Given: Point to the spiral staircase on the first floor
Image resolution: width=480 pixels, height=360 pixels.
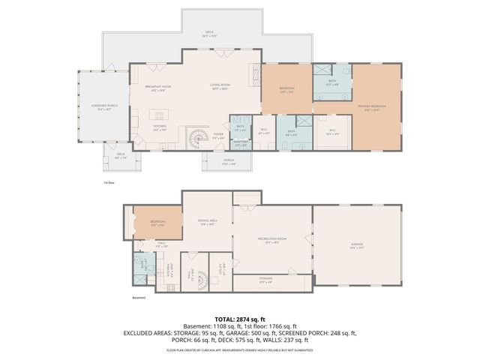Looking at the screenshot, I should [198, 139].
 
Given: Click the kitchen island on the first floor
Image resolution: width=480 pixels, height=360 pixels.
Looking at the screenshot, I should [157, 115].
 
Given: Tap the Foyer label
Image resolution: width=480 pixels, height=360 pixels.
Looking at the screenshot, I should [217, 136].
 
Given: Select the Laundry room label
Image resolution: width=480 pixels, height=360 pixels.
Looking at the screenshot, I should [241, 144].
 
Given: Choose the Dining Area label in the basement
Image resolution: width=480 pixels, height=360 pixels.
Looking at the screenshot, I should [207, 221].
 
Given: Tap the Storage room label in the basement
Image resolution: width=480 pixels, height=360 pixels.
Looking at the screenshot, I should [266, 280].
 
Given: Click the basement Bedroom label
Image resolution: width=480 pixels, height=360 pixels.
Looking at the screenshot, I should [157, 223].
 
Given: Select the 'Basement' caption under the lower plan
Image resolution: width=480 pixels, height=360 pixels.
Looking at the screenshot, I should [138, 298].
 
